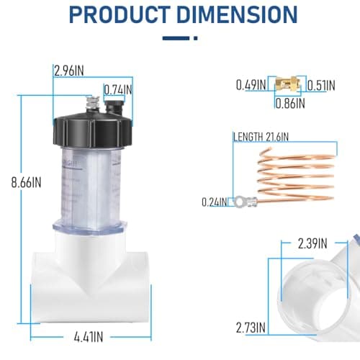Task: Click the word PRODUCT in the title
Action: coord(120,14)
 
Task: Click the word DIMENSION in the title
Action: coord(238,14)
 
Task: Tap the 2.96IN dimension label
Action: coord(69,71)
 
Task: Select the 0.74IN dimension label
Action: coord(118,90)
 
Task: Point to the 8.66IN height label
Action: coord(26,182)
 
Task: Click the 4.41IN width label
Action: coord(89,337)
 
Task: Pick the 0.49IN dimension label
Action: coord(251,85)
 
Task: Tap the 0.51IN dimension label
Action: coord(321,86)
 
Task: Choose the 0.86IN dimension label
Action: coord(290,104)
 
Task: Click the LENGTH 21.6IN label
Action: coord(261,137)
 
